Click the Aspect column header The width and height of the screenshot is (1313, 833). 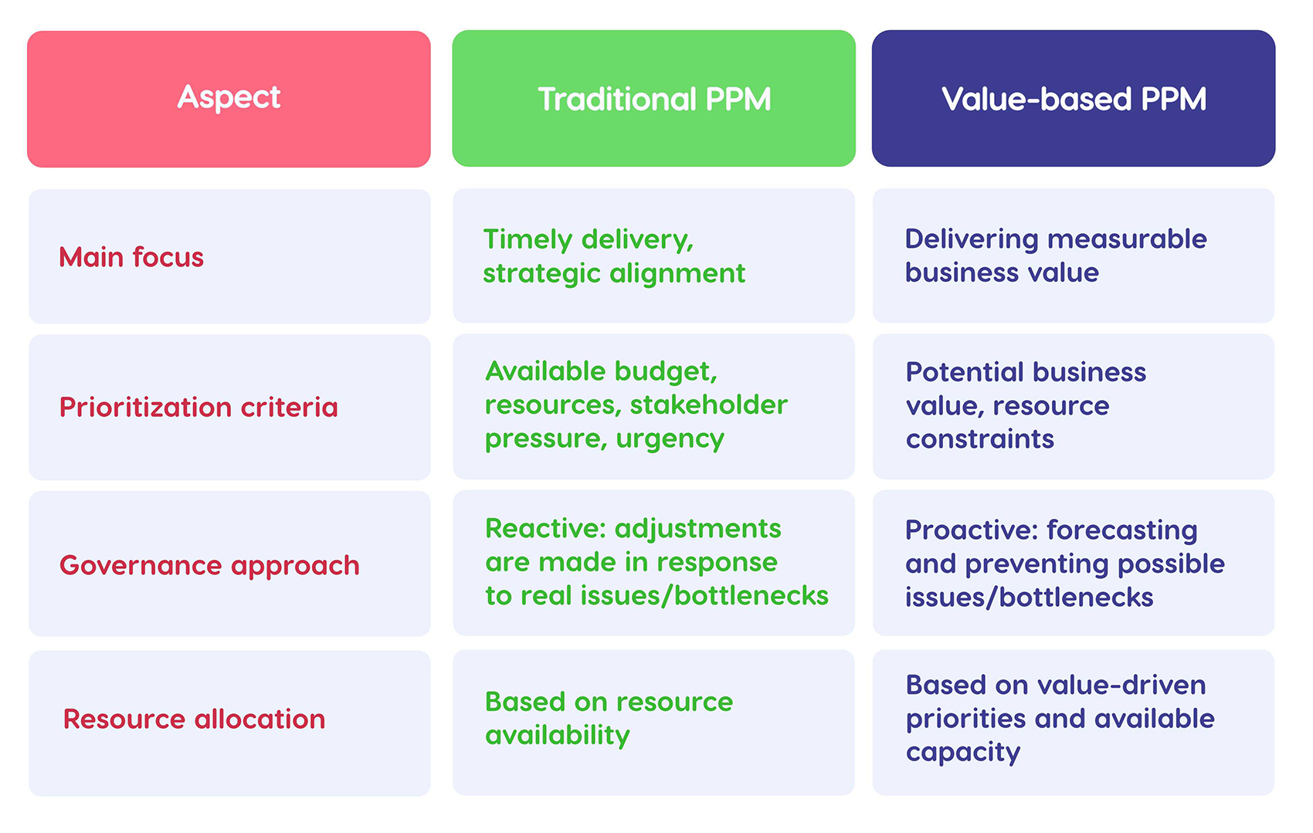point(229,98)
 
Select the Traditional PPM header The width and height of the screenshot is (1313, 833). point(653,99)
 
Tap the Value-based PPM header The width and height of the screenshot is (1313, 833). point(1073,99)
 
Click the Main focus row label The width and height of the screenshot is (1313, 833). point(131,257)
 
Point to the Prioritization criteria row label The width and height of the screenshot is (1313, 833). point(198,407)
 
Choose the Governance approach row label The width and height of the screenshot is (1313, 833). point(209,565)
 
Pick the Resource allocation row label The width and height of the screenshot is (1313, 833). point(194,719)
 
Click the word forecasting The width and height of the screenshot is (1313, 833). point(1121,530)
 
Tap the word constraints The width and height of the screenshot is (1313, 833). point(979,439)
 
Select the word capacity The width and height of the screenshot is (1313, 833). point(962,752)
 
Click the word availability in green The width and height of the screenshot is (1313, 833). point(557,735)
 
